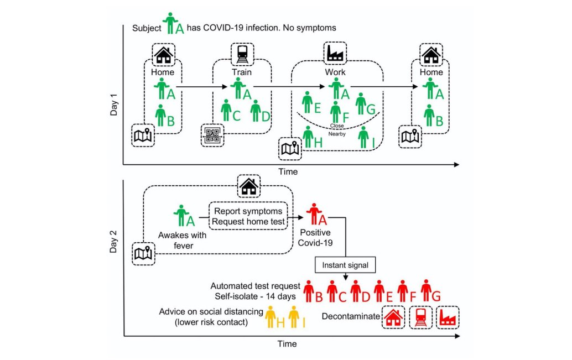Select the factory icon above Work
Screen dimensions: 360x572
(335, 54)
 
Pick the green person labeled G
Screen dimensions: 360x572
(361, 103)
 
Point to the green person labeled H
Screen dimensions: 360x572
(308, 136)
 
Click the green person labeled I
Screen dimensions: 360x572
(363, 137)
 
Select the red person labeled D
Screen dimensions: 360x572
(355, 291)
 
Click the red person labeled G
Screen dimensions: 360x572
(425, 290)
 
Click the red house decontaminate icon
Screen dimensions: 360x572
(393, 317)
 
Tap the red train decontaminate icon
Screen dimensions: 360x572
(421, 317)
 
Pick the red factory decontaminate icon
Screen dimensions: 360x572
(448, 317)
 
